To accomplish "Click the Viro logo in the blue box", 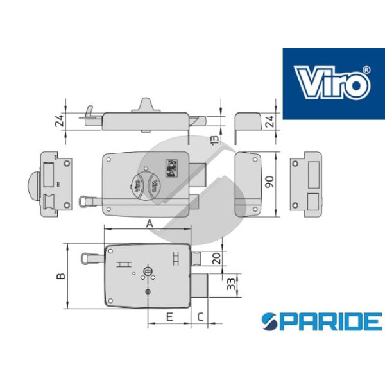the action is [x=332, y=83].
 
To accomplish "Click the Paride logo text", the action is [x=321, y=321].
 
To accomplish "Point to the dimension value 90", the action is [x=269, y=182].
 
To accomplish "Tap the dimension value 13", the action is [x=215, y=139].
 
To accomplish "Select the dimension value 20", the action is [x=217, y=259].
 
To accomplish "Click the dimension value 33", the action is [x=231, y=284].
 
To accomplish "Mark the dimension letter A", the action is [x=150, y=224].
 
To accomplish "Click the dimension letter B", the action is [x=61, y=276].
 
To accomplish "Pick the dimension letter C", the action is [x=200, y=317].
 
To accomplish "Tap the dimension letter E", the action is [x=169, y=317].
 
